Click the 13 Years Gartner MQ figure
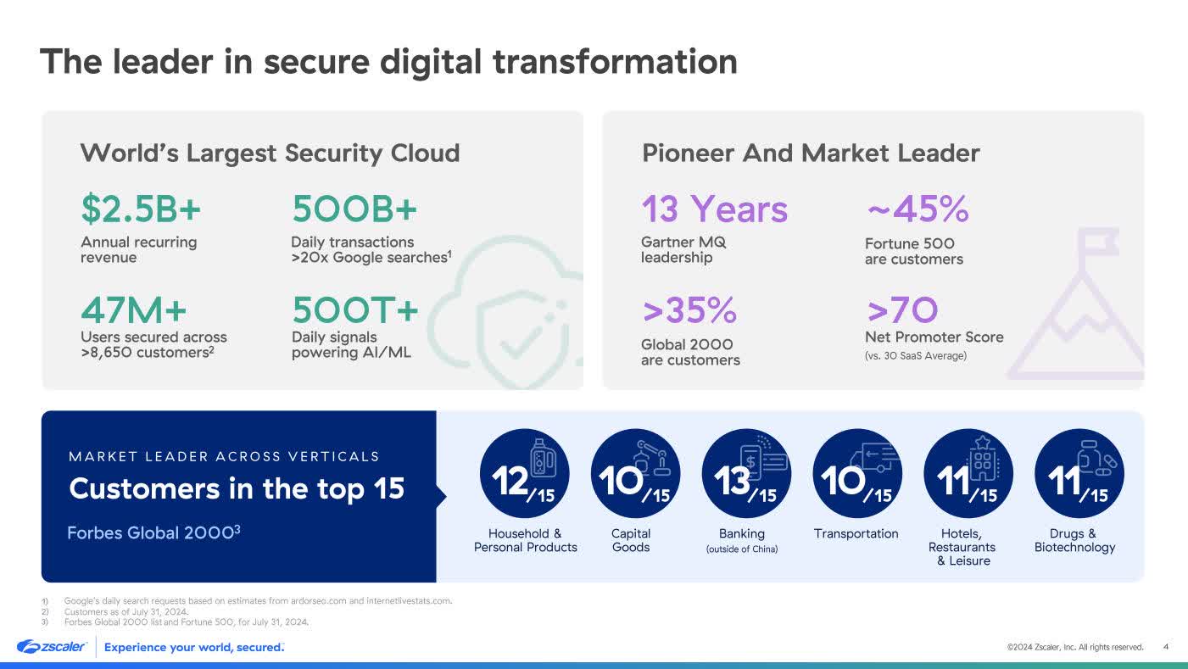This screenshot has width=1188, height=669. (x=714, y=209)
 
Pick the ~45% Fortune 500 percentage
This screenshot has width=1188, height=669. (x=917, y=209)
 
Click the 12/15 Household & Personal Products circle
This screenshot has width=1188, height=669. (x=525, y=473)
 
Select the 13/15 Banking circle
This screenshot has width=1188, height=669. (x=746, y=473)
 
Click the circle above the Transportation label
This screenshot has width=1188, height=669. (x=857, y=473)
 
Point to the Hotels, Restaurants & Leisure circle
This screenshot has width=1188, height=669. (x=968, y=473)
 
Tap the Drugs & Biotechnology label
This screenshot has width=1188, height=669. (x=1074, y=540)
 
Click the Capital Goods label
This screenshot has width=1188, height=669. (x=631, y=540)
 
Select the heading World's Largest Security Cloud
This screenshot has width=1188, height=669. (x=270, y=153)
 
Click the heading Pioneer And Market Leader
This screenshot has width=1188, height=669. (x=811, y=153)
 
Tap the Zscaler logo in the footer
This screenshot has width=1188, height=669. (x=52, y=647)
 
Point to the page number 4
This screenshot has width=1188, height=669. (x=1166, y=647)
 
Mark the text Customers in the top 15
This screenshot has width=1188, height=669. (x=237, y=489)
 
